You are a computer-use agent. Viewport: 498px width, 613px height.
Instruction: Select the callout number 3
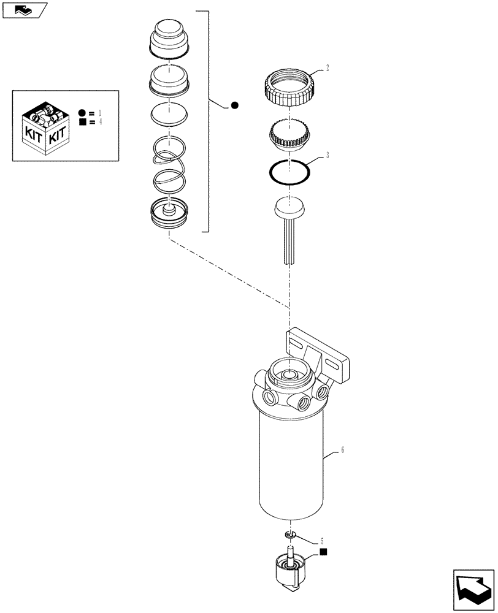tap(328, 156)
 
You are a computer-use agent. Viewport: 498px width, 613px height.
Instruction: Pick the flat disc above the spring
tap(168, 115)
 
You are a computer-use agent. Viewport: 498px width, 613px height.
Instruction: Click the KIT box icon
tap(44, 125)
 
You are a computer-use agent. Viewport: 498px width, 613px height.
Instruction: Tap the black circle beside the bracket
tap(234, 106)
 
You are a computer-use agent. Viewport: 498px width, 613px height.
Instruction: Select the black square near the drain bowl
tap(323, 553)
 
